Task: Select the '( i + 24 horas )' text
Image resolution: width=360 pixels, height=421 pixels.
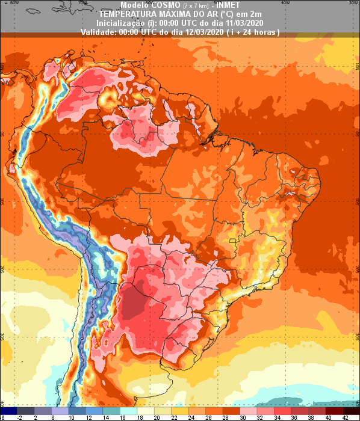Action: [253, 31]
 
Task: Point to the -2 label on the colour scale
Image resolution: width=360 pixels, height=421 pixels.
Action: [20, 417]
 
